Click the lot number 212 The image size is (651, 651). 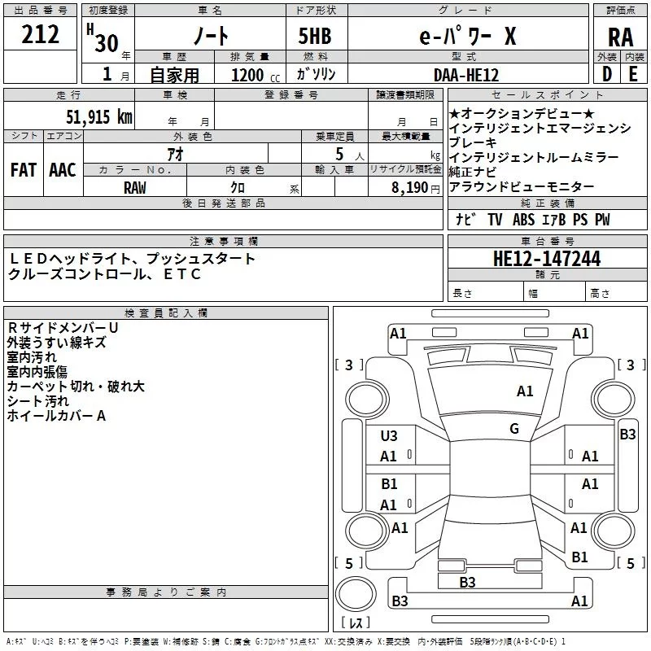pyautogui.click(x=42, y=35)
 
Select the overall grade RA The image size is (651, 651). pyautogui.click(x=620, y=37)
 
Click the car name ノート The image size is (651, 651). pyautogui.click(x=209, y=37)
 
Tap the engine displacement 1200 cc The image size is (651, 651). pyautogui.click(x=253, y=75)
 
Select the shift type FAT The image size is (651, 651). pyautogui.click(x=24, y=170)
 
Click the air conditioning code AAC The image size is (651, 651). pyautogui.click(x=63, y=170)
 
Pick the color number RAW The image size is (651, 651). pyautogui.click(x=135, y=187)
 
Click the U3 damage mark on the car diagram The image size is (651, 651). pyautogui.click(x=389, y=436)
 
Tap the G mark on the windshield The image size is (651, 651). pyautogui.click(x=513, y=429)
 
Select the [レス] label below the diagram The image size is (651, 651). pyautogui.click(x=356, y=624)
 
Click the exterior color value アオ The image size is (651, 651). pyautogui.click(x=174, y=154)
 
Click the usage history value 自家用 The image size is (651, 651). pyautogui.click(x=174, y=75)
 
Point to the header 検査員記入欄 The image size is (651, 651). pyautogui.click(x=166, y=312)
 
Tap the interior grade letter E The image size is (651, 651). pyautogui.click(x=633, y=73)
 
